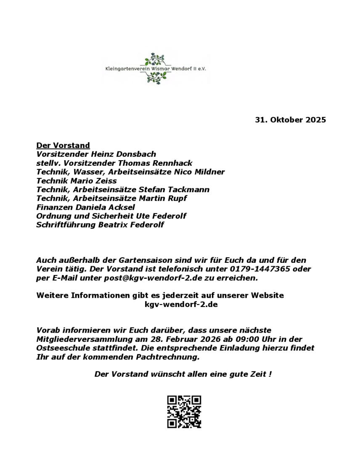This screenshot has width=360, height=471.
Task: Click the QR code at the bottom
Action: click(184, 412)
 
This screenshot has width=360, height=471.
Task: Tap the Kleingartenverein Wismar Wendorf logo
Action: click(156, 68)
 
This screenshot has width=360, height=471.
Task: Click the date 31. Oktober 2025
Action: click(290, 120)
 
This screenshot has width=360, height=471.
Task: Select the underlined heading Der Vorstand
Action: click(63, 146)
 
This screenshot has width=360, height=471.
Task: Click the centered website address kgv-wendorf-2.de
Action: click(181, 304)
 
